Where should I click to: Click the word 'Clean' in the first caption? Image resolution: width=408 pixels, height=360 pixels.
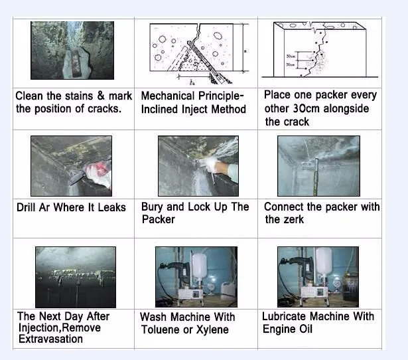[29, 96]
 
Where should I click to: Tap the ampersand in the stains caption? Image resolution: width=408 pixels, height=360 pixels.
[101, 96]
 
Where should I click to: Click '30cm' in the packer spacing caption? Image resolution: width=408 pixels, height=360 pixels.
[306, 109]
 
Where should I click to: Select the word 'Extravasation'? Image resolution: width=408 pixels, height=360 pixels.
[50, 339]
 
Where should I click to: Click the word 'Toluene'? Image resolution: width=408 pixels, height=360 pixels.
[161, 329]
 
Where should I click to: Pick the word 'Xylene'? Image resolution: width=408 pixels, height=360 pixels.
[212, 330]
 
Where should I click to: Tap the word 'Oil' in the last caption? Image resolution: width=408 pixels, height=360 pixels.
[306, 329]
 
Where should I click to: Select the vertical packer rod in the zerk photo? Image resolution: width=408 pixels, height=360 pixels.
[316, 177]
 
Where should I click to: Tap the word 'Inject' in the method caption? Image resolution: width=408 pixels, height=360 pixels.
[194, 109]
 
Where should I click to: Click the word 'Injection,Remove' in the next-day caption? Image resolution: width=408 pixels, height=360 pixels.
[60, 327]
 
